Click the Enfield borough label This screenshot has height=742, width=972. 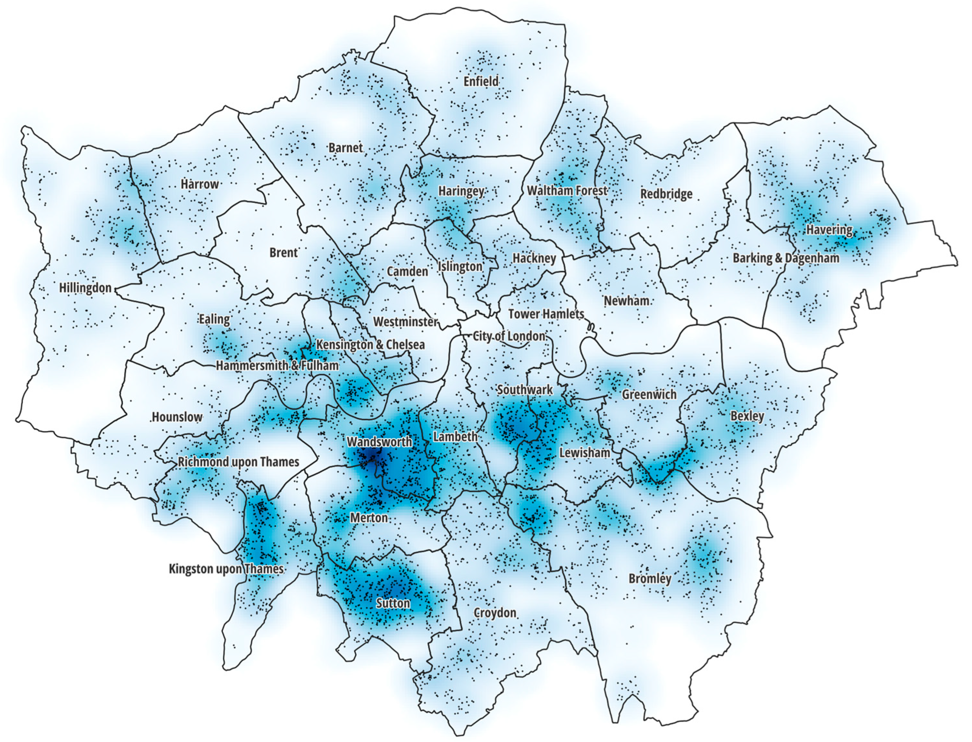481,81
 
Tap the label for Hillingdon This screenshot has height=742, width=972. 85,288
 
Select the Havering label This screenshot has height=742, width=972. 829,230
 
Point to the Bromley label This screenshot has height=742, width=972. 650,579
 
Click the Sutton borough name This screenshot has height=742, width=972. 393,603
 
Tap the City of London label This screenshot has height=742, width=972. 509,336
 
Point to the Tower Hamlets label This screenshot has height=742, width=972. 546,314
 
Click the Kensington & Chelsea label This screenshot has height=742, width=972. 370,344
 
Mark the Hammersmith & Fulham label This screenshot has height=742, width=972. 277,366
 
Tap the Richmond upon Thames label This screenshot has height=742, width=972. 238,462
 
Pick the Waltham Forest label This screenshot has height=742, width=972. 567,191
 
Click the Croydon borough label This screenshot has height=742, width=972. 495,613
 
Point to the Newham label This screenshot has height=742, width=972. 626,301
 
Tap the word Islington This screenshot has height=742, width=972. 460,267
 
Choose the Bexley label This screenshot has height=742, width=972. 747,416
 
